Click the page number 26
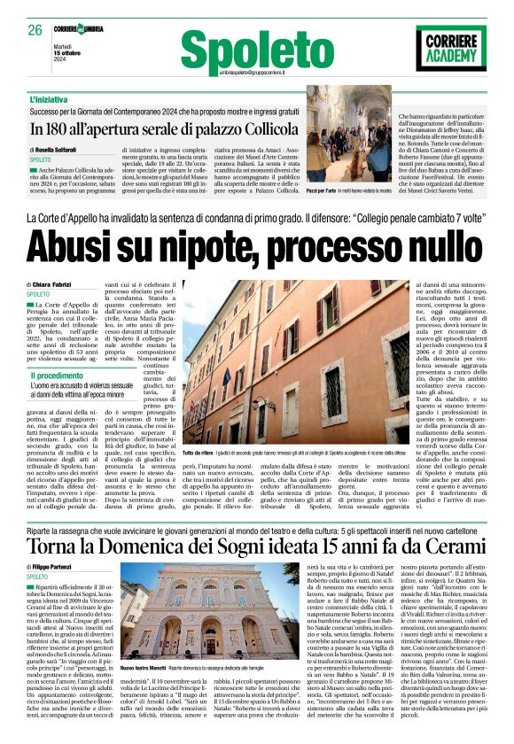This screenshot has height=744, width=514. [x=35, y=30]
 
